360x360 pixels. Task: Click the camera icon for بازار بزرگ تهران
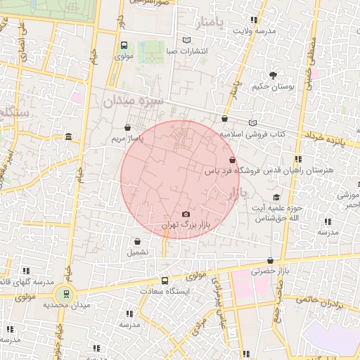click(x=186, y=214)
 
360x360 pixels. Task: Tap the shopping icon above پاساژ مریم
click(x=127, y=128)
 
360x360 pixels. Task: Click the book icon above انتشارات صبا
click(x=186, y=40)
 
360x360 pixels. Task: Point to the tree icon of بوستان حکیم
click(x=273, y=75)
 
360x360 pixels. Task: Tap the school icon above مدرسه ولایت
click(x=254, y=20)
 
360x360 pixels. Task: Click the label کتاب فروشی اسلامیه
click(x=253, y=133)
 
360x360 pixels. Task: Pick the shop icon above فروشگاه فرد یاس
click(x=232, y=160)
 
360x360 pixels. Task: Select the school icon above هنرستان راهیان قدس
click(x=298, y=159)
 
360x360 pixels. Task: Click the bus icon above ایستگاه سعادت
click(x=165, y=280)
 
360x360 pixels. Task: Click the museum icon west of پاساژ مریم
click(x=67, y=136)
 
